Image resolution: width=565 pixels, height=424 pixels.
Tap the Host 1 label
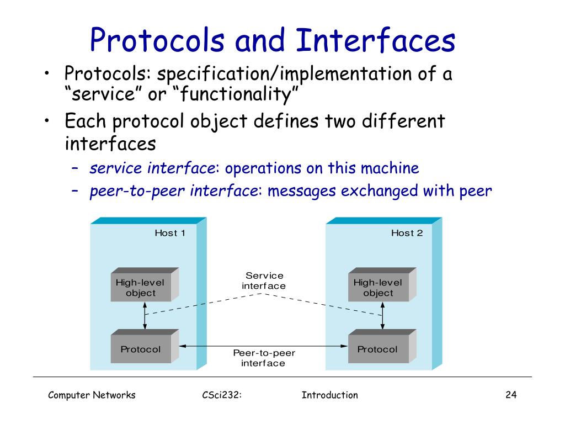tap(170, 233)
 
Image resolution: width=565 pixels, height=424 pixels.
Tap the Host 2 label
tap(407, 233)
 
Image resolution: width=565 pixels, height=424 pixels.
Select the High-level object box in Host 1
tap(141, 288)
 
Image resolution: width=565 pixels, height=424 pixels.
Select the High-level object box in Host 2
tap(379, 288)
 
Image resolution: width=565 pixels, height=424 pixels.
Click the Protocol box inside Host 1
tap(141, 349)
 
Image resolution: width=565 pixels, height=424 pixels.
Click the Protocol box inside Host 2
tap(378, 349)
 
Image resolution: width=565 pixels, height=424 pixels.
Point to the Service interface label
tap(264, 280)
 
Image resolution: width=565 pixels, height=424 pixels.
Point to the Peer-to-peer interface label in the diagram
tap(263, 358)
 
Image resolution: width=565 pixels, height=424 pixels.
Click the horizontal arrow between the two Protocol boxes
tap(263, 346)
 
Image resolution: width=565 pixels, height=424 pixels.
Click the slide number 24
tap(510, 395)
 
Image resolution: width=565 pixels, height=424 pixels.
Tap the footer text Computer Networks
tap(92, 395)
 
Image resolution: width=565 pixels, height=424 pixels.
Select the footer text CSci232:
tap(223, 395)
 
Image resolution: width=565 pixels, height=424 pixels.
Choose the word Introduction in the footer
tap(330, 395)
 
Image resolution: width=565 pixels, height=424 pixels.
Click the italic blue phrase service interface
tap(155, 168)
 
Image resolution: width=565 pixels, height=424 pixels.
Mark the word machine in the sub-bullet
tap(391, 168)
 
